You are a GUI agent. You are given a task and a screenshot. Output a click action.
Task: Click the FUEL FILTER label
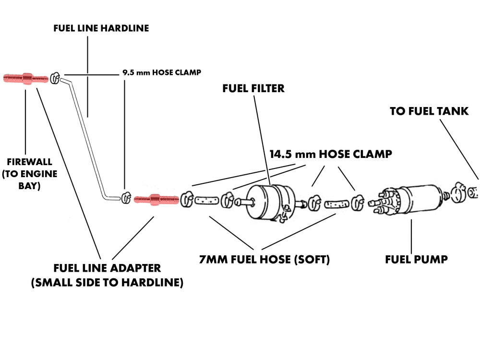pos(253,89)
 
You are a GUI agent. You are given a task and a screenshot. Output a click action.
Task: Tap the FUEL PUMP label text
pos(416,260)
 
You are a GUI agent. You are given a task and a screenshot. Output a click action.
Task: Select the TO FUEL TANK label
pos(429,111)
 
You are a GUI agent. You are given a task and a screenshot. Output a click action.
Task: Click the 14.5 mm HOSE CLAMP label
pos(331,155)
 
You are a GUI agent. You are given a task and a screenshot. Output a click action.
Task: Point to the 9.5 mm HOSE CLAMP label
pos(161,73)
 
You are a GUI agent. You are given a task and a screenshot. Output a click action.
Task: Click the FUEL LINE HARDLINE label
pos(101,28)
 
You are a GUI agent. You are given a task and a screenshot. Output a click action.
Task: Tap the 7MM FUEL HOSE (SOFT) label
pos(264,260)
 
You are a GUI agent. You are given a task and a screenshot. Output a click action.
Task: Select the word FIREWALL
pos(30,162)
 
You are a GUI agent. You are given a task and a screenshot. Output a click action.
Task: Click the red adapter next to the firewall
pos(25,78)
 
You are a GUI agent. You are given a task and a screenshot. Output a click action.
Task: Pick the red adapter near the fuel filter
pos(155,199)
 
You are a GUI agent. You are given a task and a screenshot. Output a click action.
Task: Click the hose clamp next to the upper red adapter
pos(55,77)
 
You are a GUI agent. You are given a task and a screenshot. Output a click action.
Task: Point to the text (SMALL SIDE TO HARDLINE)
pos(107,282)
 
